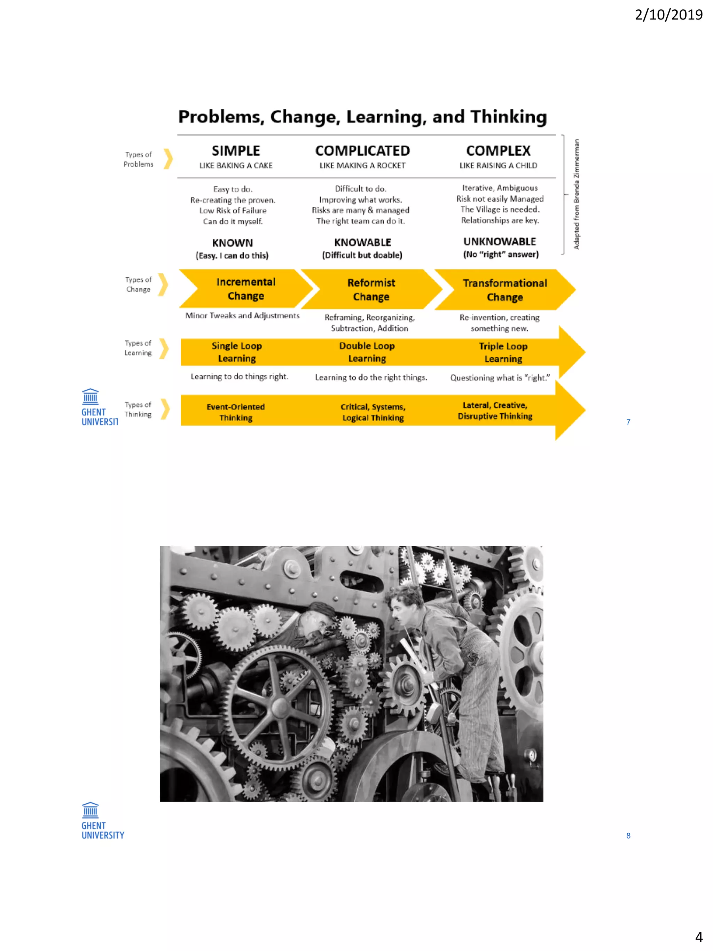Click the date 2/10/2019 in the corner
pyautogui.click(x=668, y=15)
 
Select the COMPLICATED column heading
pyautogui.click(x=362, y=151)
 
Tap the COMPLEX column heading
pyautogui.click(x=498, y=151)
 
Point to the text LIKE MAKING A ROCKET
pyautogui.click(x=362, y=165)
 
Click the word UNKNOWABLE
pyautogui.click(x=499, y=242)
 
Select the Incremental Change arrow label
pyautogui.click(x=246, y=289)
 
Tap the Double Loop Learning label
pyautogui.click(x=367, y=352)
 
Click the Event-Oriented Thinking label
pyautogui.click(x=235, y=412)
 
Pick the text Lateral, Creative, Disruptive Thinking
pyautogui.click(x=495, y=411)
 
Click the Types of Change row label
pyautogui.click(x=139, y=284)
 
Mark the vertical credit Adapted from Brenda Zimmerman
pyautogui.click(x=576, y=194)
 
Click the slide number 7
pyautogui.click(x=628, y=422)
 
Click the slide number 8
pyautogui.click(x=628, y=836)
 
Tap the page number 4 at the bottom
pyautogui.click(x=699, y=937)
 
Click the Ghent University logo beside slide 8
pyautogui.click(x=102, y=821)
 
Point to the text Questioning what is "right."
pyautogui.click(x=499, y=378)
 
